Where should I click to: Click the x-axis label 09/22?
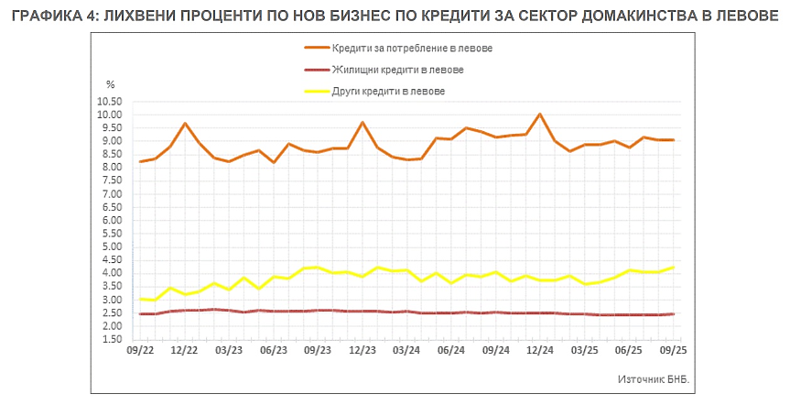pos(139,351)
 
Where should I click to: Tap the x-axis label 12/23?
pos(363,351)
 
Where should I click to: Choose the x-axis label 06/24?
pos(451,351)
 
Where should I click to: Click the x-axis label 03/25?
pos(585,351)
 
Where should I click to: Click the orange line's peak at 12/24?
pos(540,115)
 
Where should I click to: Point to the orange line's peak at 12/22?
pos(185,124)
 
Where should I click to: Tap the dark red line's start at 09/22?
pos(140,314)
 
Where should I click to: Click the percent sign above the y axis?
pos(110,85)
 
